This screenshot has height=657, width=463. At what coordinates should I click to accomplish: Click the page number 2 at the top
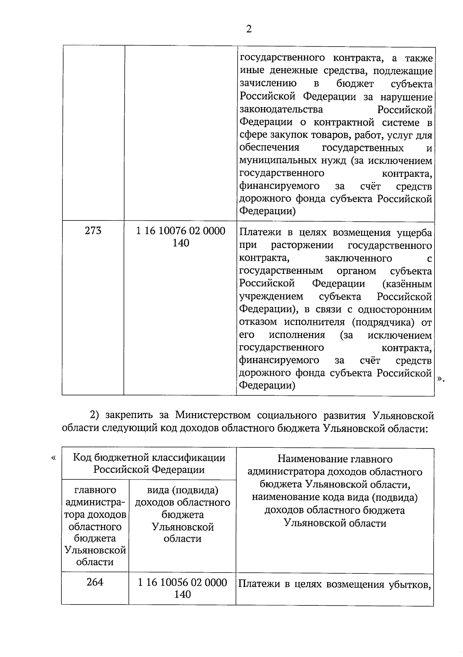pos(248,29)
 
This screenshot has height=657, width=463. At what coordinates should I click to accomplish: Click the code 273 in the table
pos(93,230)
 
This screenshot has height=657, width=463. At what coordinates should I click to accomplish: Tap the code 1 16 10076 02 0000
pos(181,231)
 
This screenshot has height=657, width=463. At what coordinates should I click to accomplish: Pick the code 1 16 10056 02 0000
pos(182,582)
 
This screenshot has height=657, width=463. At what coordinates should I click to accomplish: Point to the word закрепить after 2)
pos(129,415)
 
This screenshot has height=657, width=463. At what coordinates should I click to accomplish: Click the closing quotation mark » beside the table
pos(441,379)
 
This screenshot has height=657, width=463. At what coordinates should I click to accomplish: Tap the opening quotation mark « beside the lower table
pos(53,458)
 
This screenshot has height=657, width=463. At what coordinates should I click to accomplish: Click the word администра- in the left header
pos(95,502)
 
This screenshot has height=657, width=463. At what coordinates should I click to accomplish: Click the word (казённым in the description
pos(407,284)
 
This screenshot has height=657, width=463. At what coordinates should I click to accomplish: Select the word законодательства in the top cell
pos(281,109)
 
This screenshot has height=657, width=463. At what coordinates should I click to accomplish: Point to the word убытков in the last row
pos(413,585)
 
